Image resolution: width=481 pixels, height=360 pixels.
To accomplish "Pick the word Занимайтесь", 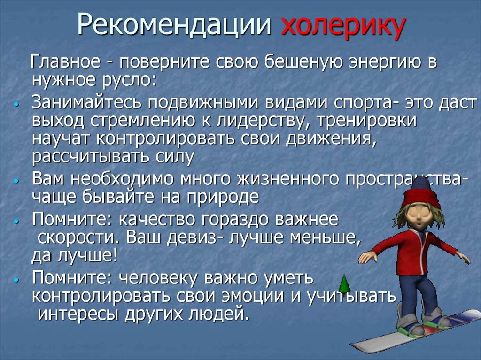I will (x=89, y=102).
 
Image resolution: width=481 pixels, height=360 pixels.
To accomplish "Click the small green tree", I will (x=344, y=283).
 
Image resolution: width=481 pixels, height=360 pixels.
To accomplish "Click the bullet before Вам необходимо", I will (x=16, y=181).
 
